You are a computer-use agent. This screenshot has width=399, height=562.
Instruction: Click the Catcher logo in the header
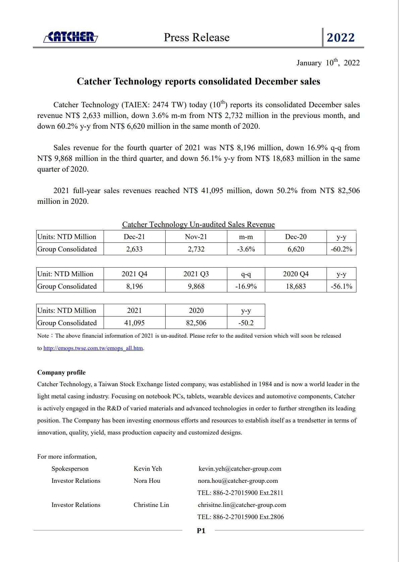[x=71, y=37]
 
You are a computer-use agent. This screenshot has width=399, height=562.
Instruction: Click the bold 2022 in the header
[x=341, y=38]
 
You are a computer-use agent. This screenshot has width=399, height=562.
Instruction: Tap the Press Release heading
[x=196, y=38]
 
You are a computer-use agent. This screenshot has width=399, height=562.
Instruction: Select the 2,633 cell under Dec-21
[x=134, y=249]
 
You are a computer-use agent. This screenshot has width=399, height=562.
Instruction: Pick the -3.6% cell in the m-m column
[x=246, y=249]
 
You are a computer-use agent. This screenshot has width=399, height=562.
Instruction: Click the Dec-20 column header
[x=296, y=237]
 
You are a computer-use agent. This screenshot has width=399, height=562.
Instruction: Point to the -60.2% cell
[x=341, y=249]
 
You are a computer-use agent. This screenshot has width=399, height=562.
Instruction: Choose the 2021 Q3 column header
[x=196, y=274]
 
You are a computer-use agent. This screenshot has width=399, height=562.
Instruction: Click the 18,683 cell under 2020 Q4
[x=296, y=286]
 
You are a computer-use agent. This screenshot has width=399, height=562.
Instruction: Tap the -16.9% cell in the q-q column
[x=246, y=286]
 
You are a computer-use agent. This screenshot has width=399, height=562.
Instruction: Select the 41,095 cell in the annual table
[x=134, y=323]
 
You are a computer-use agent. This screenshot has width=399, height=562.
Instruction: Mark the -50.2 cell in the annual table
[x=246, y=323]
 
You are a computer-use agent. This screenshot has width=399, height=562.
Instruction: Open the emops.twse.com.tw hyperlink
[x=93, y=348]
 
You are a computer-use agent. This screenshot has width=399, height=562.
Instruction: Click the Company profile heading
[x=61, y=373]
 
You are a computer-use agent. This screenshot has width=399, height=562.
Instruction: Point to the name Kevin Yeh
[x=148, y=469]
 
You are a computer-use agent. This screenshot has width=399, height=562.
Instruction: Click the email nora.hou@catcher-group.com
[x=238, y=481]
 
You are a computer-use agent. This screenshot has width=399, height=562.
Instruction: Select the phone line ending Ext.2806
[x=240, y=517]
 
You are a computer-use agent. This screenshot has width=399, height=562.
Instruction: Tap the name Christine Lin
[x=151, y=505]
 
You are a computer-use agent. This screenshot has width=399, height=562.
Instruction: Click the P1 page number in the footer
[x=201, y=531]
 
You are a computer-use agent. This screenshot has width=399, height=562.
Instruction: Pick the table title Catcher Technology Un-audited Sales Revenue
[x=198, y=225]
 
